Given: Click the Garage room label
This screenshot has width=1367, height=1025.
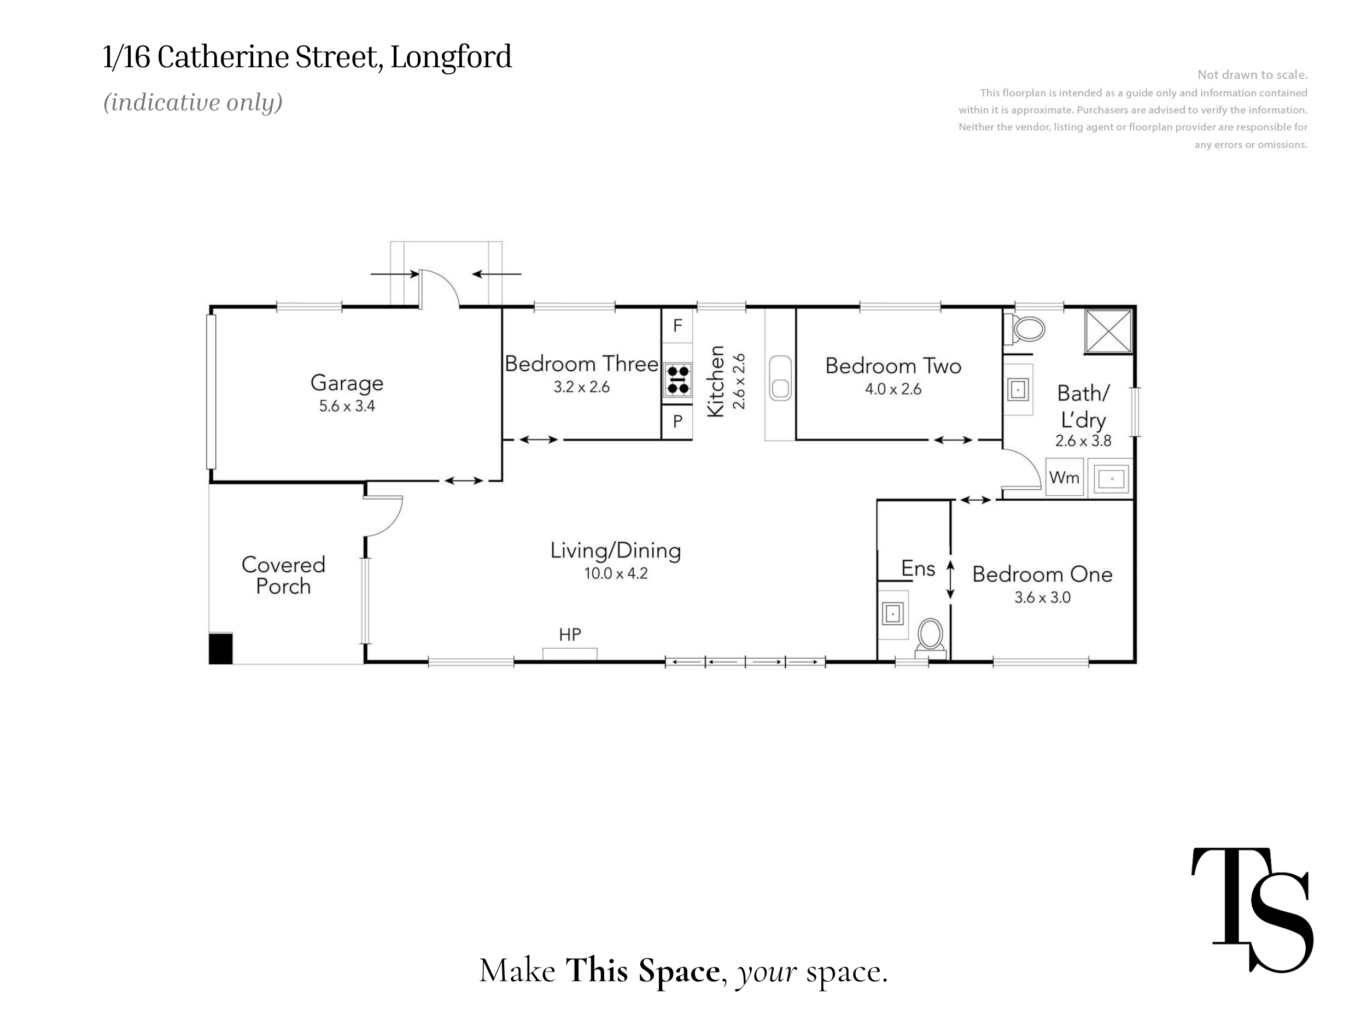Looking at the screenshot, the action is [x=347, y=383].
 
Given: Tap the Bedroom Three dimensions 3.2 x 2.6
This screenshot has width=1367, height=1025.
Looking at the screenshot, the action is [x=582, y=388].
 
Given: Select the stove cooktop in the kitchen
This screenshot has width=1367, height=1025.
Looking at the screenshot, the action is [x=678, y=379].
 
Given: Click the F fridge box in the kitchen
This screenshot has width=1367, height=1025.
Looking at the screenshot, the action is [x=677, y=326].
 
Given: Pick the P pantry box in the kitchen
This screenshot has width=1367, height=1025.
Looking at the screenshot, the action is [x=677, y=421].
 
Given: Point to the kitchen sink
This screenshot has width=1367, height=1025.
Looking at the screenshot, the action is [x=780, y=378].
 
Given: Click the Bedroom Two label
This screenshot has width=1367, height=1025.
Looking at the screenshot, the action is [x=893, y=366].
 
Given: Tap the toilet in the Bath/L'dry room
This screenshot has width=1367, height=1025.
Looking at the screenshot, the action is [x=1024, y=329].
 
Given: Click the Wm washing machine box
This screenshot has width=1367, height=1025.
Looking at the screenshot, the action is [x=1064, y=477].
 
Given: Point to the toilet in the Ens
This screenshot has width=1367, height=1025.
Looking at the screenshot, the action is [x=931, y=636].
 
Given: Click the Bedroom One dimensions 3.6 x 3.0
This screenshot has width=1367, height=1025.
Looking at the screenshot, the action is [x=1043, y=598].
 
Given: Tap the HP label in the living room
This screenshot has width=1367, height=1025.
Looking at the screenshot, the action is [x=570, y=635].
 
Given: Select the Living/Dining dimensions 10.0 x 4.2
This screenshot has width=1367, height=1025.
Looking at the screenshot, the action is [x=616, y=573].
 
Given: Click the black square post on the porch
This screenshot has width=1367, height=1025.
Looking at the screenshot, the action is [x=220, y=649].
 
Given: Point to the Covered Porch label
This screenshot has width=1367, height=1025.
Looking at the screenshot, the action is [x=284, y=575].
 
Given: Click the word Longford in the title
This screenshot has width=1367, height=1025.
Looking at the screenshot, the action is [x=451, y=57].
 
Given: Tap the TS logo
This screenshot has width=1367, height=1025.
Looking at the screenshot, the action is [x=1252, y=910].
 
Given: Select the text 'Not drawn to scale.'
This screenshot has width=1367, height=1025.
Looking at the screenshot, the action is [x=1252, y=75].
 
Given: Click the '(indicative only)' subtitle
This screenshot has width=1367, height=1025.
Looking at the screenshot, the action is [x=193, y=103].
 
